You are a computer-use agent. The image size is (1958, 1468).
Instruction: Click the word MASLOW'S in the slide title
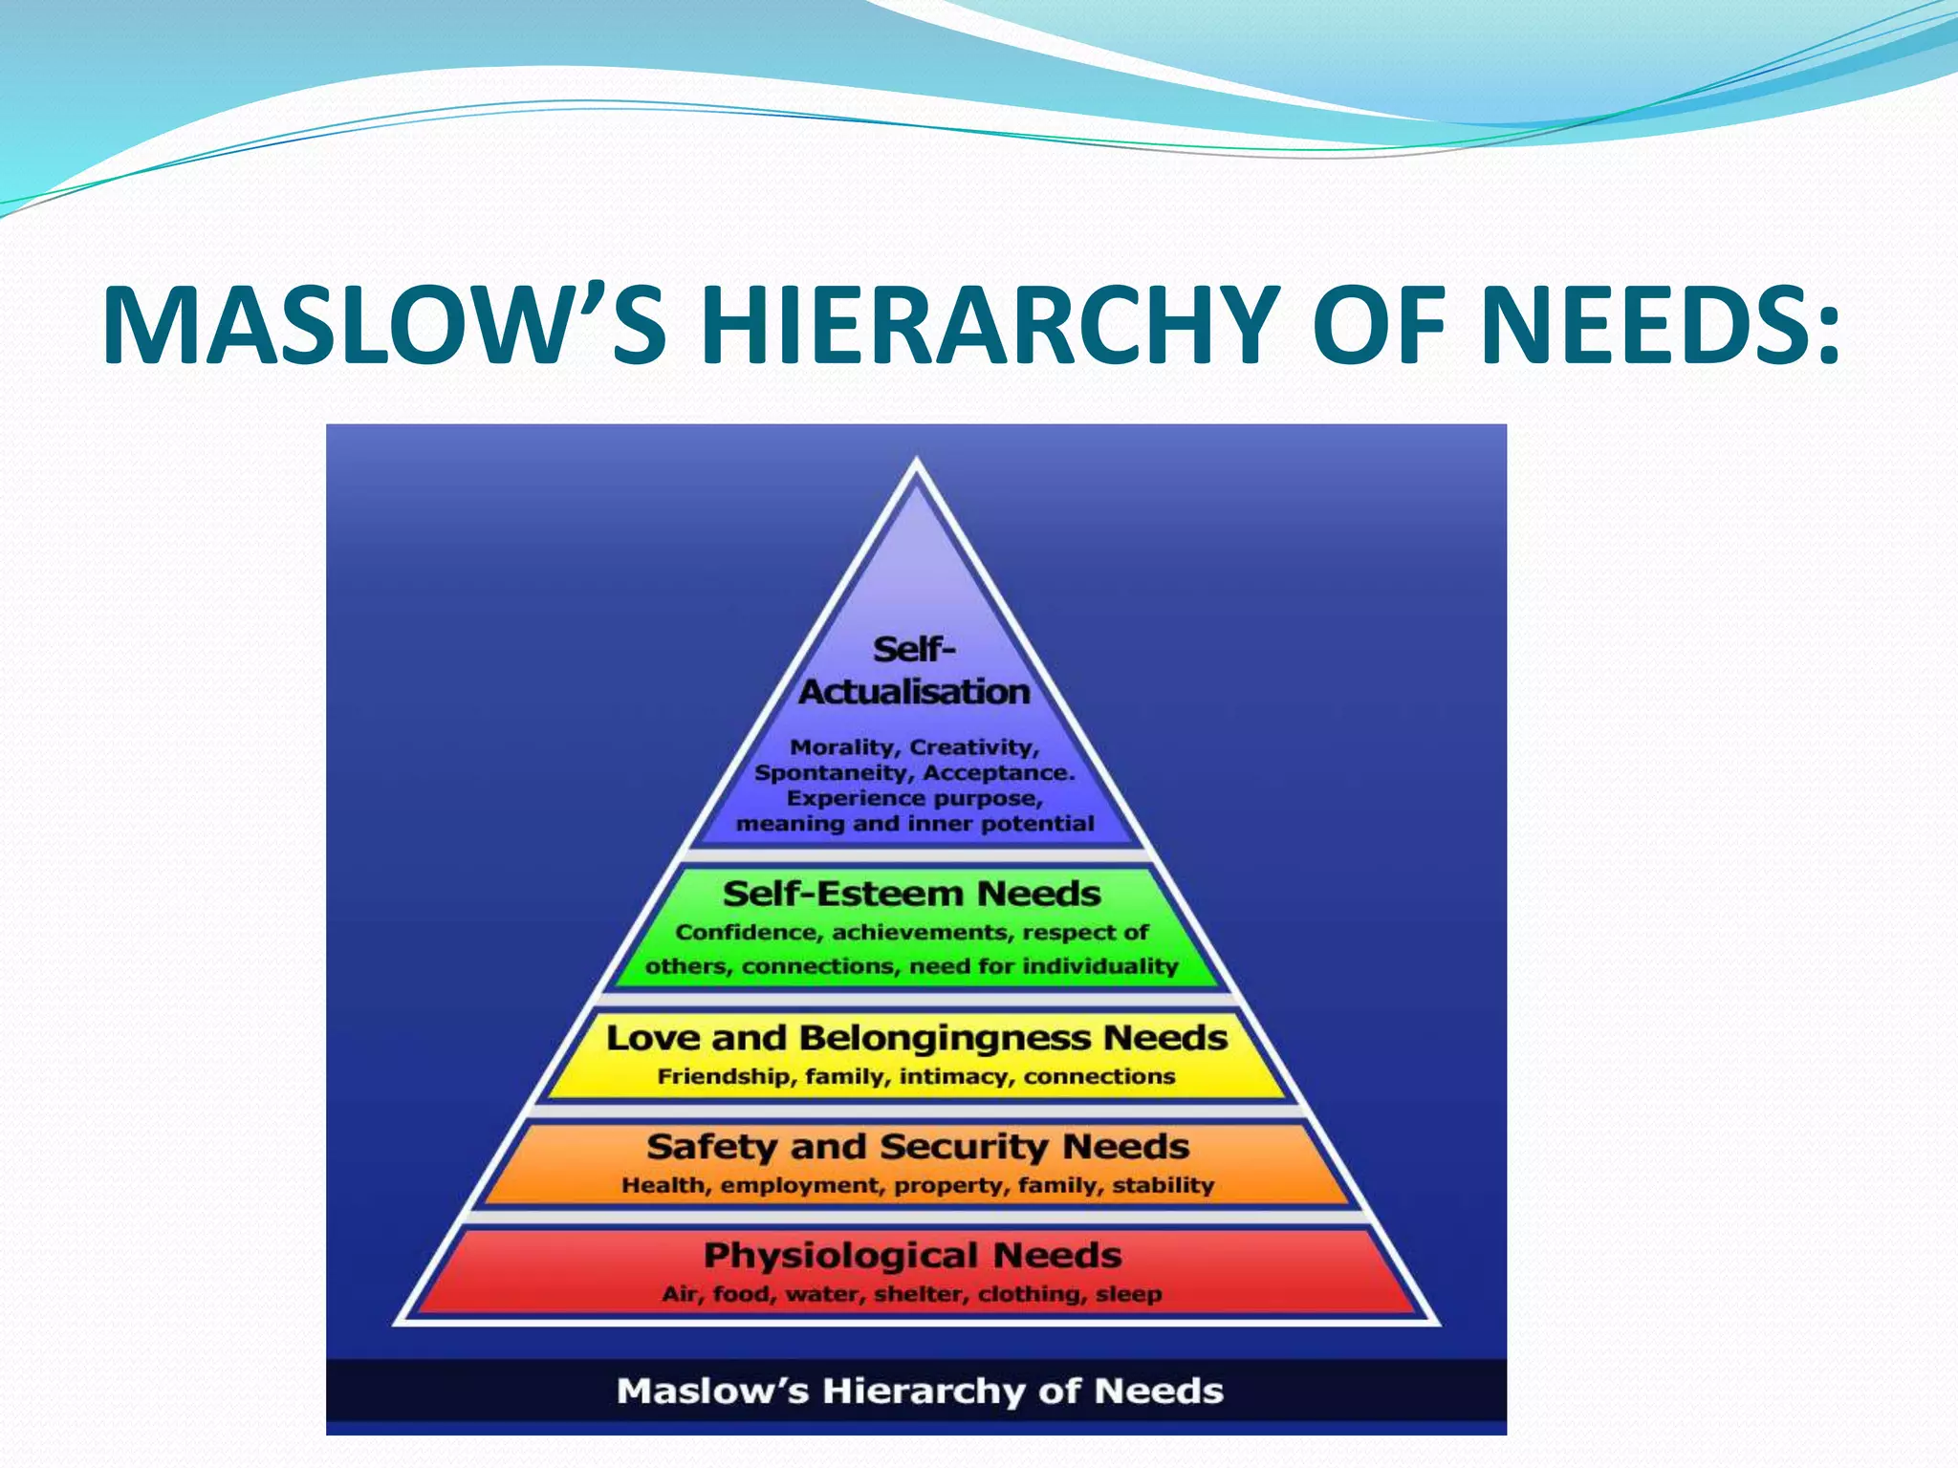[383, 325]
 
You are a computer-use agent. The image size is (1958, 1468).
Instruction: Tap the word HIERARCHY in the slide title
[989, 325]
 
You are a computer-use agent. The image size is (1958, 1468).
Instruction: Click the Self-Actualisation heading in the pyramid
[914, 671]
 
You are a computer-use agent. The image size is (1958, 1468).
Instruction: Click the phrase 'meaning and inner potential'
[915, 824]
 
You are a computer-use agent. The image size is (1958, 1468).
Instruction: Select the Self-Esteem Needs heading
[911, 895]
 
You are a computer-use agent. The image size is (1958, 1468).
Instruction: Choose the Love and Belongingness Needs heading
[916, 1038]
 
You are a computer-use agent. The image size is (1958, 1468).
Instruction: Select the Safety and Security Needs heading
[917, 1146]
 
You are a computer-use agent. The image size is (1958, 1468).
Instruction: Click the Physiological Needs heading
[912, 1255]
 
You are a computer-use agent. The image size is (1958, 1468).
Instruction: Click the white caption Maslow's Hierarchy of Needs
[919, 1391]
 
